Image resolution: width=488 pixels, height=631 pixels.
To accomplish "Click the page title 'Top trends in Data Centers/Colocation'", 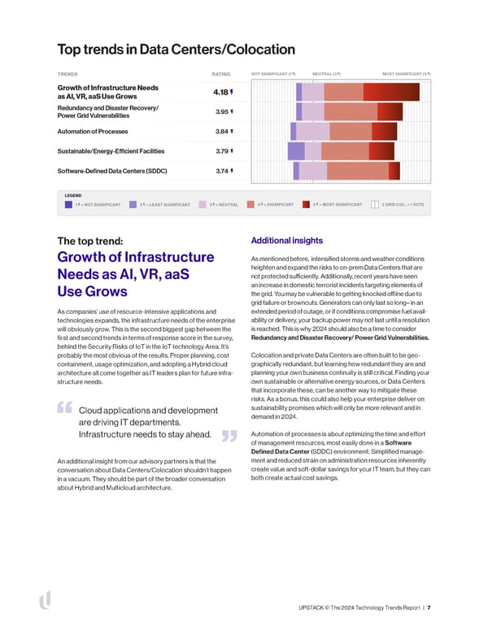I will click(x=176, y=50).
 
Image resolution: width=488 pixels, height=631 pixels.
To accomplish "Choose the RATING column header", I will click(x=220, y=74).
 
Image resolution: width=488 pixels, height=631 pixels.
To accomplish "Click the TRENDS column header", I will click(x=68, y=74).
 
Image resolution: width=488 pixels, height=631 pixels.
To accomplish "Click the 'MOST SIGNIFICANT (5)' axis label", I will click(x=406, y=74).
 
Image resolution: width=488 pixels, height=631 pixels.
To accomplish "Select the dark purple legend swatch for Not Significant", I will click(x=68, y=205).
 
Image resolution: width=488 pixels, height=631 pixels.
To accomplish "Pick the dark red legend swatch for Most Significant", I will click(x=306, y=205).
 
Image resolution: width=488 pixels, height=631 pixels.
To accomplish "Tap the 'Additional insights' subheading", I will click(x=286, y=241).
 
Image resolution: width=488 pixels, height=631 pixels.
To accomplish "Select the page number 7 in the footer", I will click(x=429, y=607).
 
